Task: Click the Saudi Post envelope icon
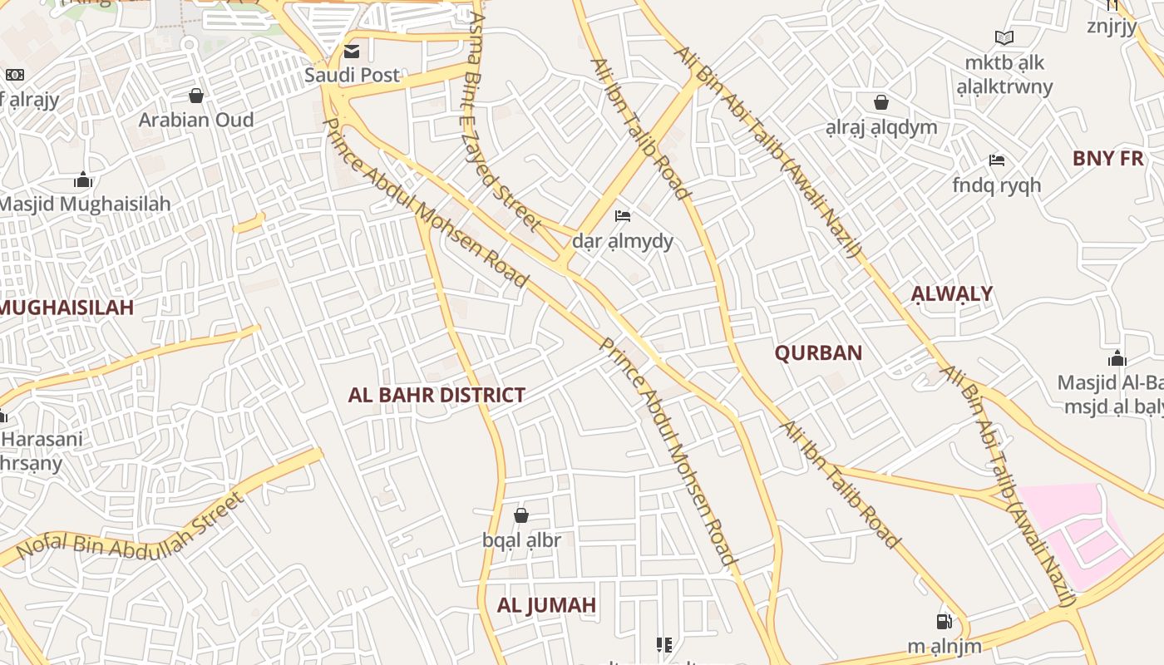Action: (x=352, y=52)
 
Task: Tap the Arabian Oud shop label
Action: (x=196, y=120)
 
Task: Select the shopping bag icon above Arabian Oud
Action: (x=196, y=96)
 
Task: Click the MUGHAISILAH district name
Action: (x=67, y=308)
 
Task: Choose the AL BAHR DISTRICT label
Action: (x=436, y=395)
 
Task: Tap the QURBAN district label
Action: (x=818, y=353)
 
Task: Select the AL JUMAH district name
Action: (x=546, y=605)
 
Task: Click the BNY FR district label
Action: (x=1108, y=159)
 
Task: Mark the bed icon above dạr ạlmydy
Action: (x=623, y=217)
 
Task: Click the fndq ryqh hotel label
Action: (x=997, y=185)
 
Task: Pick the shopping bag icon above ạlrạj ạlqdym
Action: (x=881, y=103)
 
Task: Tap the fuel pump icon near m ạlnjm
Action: (x=945, y=622)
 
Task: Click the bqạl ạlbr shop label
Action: (x=522, y=540)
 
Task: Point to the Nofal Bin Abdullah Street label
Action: (x=131, y=525)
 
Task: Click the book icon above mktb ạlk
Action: (x=1004, y=37)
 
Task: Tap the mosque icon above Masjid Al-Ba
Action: (x=1117, y=359)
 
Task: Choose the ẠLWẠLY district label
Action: (x=951, y=293)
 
